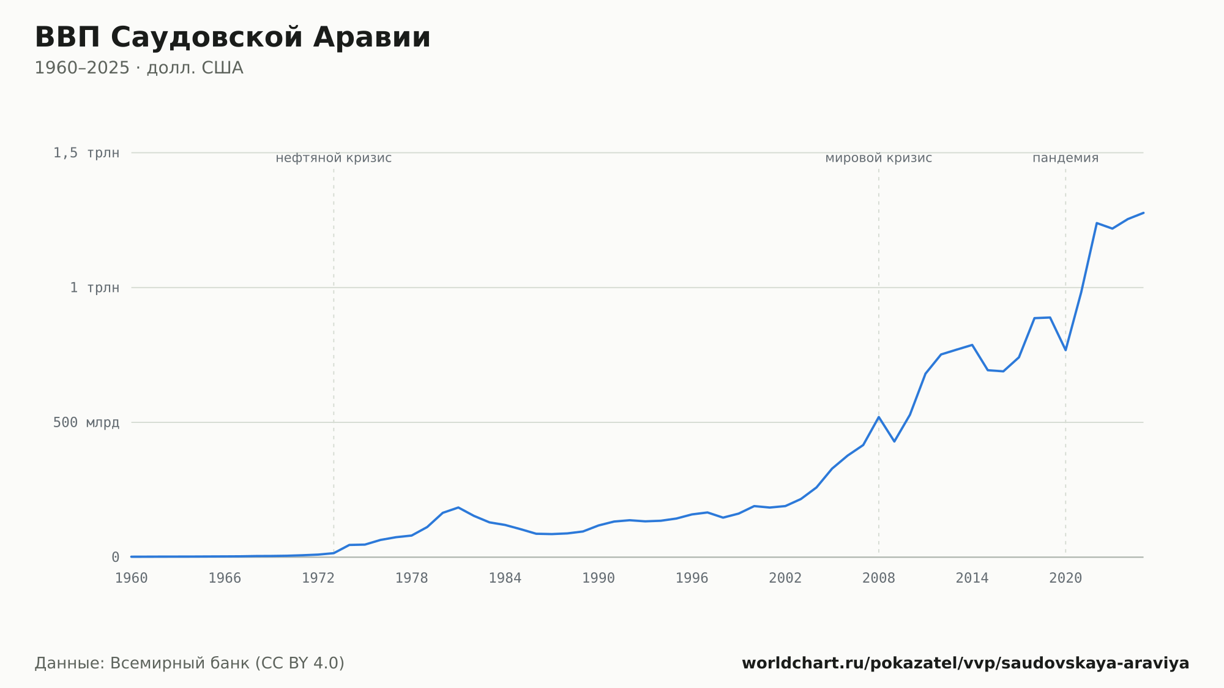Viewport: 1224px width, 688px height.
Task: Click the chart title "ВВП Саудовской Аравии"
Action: tap(233, 37)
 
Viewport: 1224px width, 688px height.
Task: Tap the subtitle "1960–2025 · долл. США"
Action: tap(139, 68)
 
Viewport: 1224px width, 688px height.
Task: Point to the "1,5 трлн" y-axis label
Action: tap(86, 153)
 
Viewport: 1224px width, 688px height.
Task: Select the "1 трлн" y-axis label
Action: tap(94, 288)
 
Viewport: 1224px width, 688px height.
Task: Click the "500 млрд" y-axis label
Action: tap(86, 422)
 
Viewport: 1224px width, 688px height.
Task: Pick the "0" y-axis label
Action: tap(115, 557)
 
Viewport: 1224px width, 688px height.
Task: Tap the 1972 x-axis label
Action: tap(318, 578)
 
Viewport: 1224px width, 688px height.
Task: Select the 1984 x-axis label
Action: tap(505, 578)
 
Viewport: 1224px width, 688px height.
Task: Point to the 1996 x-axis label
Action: tap(692, 578)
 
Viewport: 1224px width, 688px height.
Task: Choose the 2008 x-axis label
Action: tap(879, 578)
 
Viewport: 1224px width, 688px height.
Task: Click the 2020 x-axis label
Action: tap(1065, 578)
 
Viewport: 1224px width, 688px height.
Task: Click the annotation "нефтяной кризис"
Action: tap(334, 158)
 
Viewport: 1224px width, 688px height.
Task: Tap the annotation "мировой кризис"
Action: tap(879, 158)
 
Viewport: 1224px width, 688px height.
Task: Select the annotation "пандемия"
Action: tap(1065, 158)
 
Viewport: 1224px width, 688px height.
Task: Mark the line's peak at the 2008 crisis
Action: tap(879, 417)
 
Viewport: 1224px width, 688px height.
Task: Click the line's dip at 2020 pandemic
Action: tap(1065, 350)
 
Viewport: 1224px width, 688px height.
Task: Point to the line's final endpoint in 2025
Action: tap(1143, 212)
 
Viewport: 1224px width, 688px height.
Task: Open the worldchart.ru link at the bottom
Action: tap(966, 663)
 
